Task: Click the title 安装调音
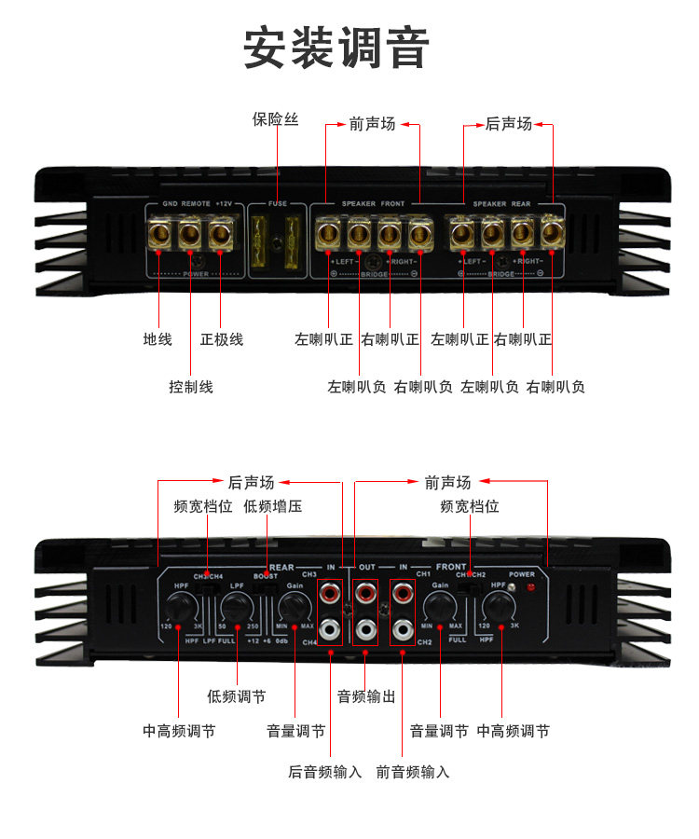coord(336,48)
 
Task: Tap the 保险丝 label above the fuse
coord(275,119)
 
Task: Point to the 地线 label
coord(158,339)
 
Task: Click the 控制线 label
coord(191,386)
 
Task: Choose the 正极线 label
coord(222,339)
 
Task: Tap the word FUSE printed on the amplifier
coord(278,204)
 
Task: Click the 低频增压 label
coord(272,507)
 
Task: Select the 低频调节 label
coord(236,696)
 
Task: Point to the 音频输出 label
coord(366,696)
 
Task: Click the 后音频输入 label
coord(324,772)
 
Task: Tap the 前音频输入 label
coord(413,772)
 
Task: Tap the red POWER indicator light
coord(531,588)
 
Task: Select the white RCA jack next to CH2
coord(403,628)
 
